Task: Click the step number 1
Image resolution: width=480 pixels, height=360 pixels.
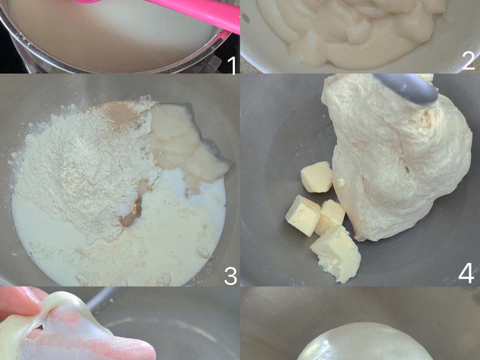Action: click(x=231, y=62)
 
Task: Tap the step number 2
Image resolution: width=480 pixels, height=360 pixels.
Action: click(x=469, y=60)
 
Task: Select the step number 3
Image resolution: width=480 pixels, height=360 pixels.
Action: click(x=230, y=276)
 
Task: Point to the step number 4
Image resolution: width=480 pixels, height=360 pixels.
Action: click(x=466, y=274)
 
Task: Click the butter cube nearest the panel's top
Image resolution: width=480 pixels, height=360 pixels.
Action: click(x=316, y=176)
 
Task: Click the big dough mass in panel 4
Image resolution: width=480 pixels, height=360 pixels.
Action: click(x=396, y=162)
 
